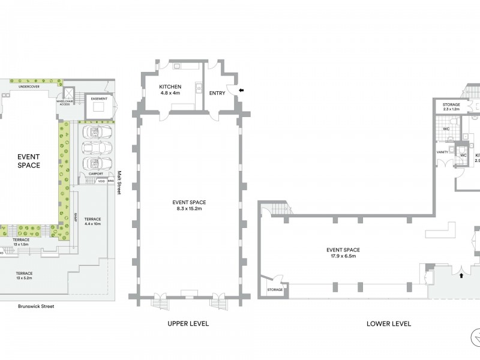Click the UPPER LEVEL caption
point(188,323)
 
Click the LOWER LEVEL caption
point(389,323)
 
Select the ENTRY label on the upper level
point(217,93)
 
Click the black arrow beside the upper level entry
point(241,90)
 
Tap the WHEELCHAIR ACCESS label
point(64,103)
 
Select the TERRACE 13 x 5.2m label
point(25,275)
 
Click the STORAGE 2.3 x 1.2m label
point(451,107)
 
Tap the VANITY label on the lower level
point(442,152)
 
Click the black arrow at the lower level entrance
point(461,277)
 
